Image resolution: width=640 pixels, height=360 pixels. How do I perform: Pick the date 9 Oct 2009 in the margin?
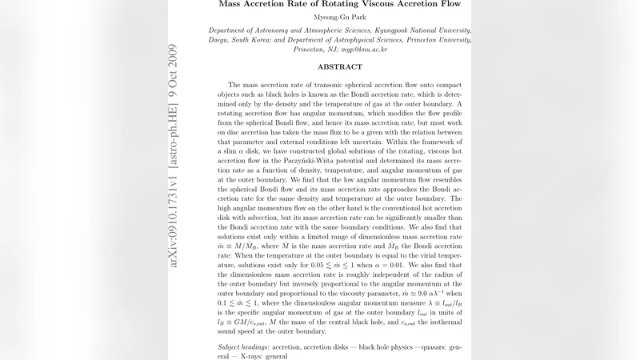[x=174, y=78]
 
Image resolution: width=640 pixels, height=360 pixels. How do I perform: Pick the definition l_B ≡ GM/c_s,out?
[x=243, y=321]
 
